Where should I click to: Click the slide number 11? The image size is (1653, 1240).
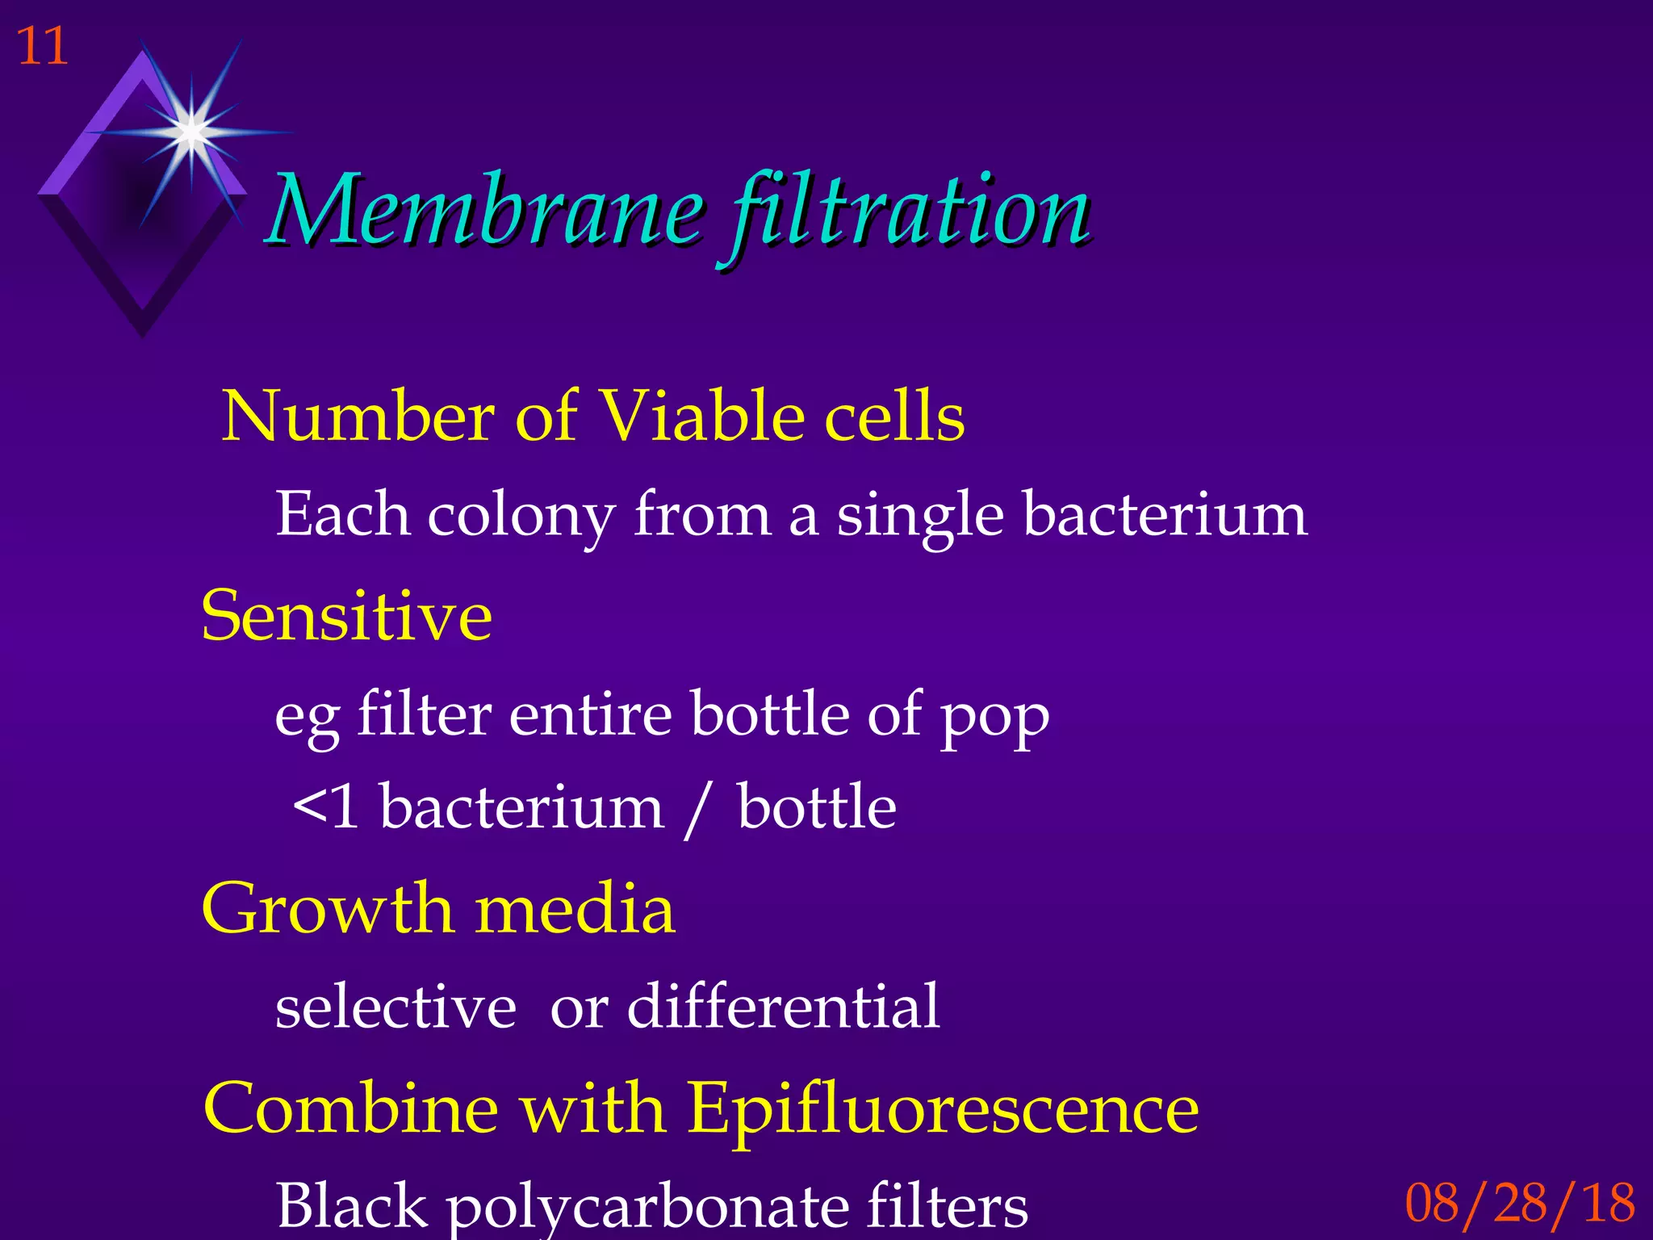click(42, 46)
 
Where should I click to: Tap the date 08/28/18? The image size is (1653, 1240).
click(1519, 1203)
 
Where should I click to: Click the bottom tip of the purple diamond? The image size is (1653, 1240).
click(142, 333)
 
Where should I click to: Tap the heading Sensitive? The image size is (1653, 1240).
click(346, 616)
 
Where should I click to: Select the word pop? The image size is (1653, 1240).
click(994, 717)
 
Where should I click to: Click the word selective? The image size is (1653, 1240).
click(395, 1007)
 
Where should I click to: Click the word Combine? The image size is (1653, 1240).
click(351, 1108)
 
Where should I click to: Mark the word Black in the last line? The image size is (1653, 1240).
click(351, 1205)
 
